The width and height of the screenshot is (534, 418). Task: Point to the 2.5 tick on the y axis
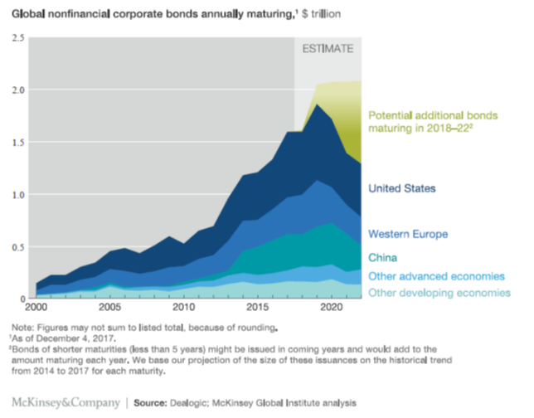(16, 37)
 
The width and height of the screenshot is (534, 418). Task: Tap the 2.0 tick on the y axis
(16, 90)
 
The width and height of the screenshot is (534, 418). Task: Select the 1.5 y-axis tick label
(16, 142)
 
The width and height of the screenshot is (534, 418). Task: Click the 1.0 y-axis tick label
(16, 194)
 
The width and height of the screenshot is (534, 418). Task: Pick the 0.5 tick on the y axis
(16, 246)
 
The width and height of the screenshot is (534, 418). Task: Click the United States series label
(402, 189)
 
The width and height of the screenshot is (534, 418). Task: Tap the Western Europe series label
(408, 234)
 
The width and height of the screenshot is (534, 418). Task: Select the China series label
(383, 257)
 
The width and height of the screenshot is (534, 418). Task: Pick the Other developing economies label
(439, 292)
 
